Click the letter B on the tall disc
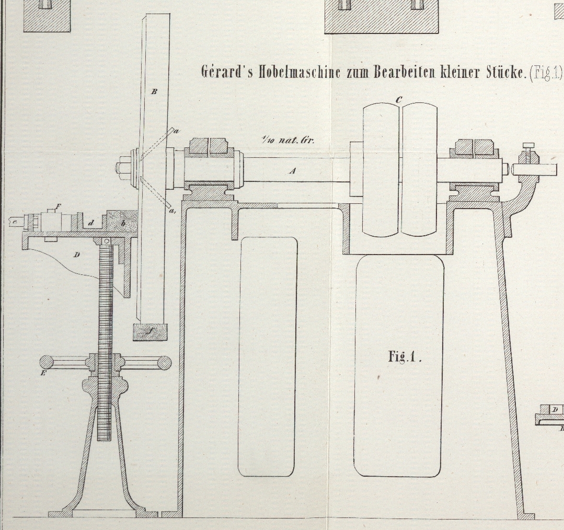tap(154, 92)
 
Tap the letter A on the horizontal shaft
tap(293, 170)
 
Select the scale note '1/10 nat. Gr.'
tap(287, 140)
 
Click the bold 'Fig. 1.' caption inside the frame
tap(404, 357)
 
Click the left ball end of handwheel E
tap(46, 362)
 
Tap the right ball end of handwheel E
tap(165, 362)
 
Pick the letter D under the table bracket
tap(77, 255)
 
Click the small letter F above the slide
tap(58, 206)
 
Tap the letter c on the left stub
tap(15, 222)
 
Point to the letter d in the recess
tap(91, 223)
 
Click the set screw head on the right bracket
tap(528, 144)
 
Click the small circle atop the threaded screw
tap(106, 241)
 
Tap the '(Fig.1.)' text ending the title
tap(546, 72)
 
